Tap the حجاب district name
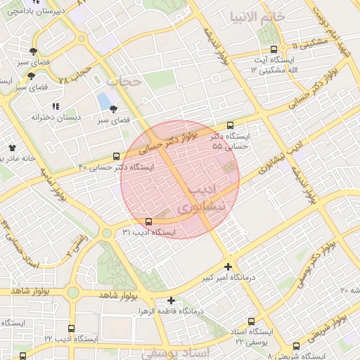[124, 82]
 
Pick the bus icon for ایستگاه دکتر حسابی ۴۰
[116, 157]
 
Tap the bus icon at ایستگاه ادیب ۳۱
[147, 222]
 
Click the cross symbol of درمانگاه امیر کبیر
[227, 266]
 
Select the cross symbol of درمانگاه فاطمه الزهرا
[171, 300]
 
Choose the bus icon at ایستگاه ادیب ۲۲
[71, 328]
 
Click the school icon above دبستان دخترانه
[55, 107]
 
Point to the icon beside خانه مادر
[12, 147]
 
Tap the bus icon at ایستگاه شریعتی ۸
[296, 345]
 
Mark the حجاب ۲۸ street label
[76, 77]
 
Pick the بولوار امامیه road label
[53, 186]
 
